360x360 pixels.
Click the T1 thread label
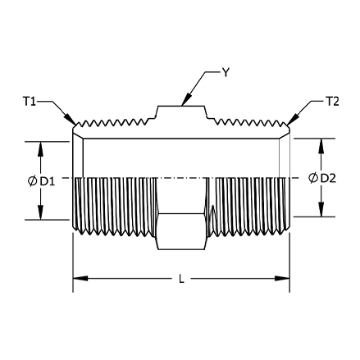coord(30,102)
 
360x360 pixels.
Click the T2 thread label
coord(332,102)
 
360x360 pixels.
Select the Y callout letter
coord(226,73)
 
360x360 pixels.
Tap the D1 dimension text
coord(48,181)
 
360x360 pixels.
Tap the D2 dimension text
coord(328,178)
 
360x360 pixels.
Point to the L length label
coord(181,279)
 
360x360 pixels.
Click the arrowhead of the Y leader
coord(186,99)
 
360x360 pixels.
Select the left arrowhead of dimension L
coord(80,279)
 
